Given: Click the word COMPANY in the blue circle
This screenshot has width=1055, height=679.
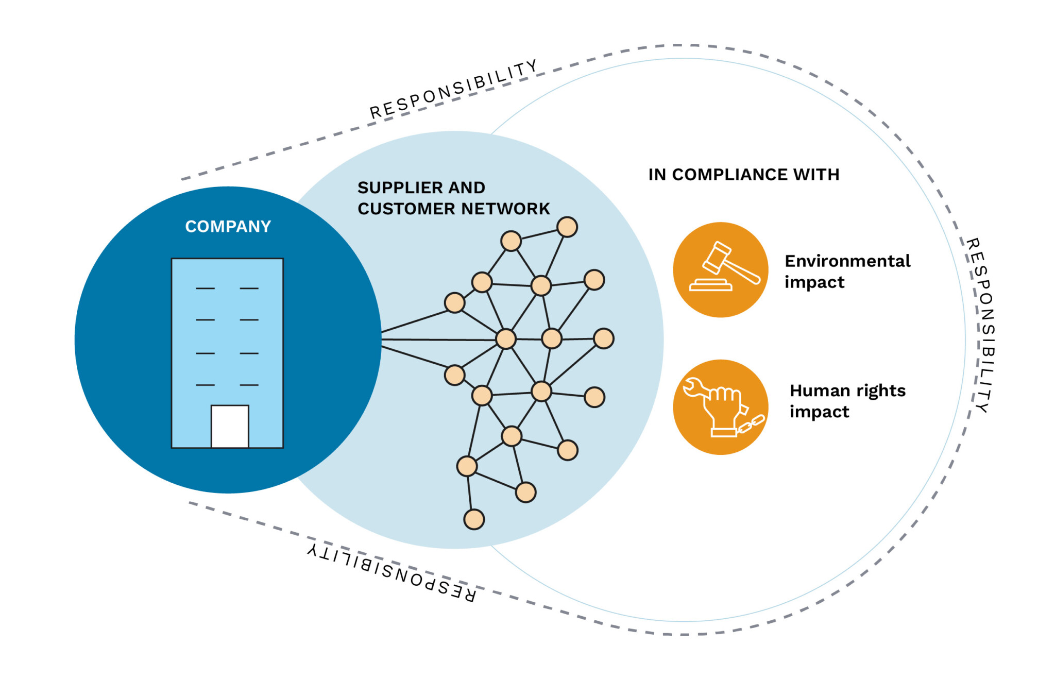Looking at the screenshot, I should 228,226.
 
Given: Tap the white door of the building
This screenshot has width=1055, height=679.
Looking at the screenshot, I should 230,426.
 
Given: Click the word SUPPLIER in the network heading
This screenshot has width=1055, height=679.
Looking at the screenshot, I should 396,188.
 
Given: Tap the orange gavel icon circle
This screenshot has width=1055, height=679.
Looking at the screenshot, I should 720,269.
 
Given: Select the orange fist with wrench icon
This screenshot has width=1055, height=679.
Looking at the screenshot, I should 720,407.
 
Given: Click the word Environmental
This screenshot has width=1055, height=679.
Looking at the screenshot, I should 847,261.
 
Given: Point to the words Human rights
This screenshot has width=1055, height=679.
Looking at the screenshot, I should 847,391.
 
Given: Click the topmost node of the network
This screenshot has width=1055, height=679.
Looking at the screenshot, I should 567,227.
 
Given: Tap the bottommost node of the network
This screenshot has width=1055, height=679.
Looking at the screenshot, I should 473,519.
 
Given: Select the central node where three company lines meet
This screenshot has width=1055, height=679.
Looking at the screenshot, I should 505,339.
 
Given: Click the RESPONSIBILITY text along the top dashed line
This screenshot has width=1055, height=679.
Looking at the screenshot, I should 453,90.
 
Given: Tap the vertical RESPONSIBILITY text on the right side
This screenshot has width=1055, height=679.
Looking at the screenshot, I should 982,325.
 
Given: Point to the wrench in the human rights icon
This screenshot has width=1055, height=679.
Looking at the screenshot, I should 695,388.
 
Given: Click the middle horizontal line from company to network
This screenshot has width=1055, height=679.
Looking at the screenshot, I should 438,339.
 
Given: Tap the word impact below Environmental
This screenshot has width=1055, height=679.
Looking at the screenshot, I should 814,283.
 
